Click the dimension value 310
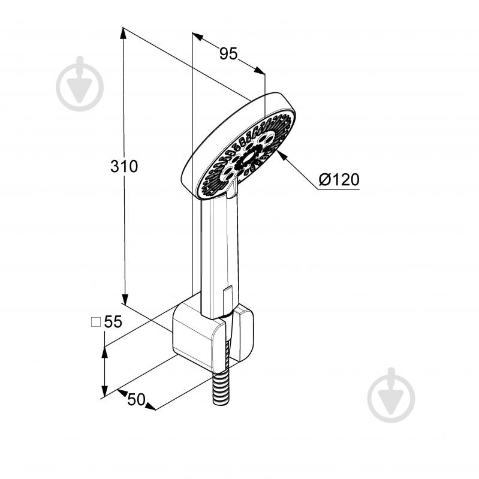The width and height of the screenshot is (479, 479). tap(124, 167)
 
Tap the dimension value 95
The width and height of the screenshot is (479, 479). tap(228, 54)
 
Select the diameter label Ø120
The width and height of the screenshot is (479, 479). tap(339, 179)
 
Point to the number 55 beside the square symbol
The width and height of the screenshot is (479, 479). tap(113, 321)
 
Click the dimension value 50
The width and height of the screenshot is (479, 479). tap(136, 399)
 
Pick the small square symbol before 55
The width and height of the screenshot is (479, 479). tap(96, 322)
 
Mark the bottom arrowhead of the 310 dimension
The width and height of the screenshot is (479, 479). tap(125, 299)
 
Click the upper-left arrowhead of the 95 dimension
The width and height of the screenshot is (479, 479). tap(198, 37)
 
